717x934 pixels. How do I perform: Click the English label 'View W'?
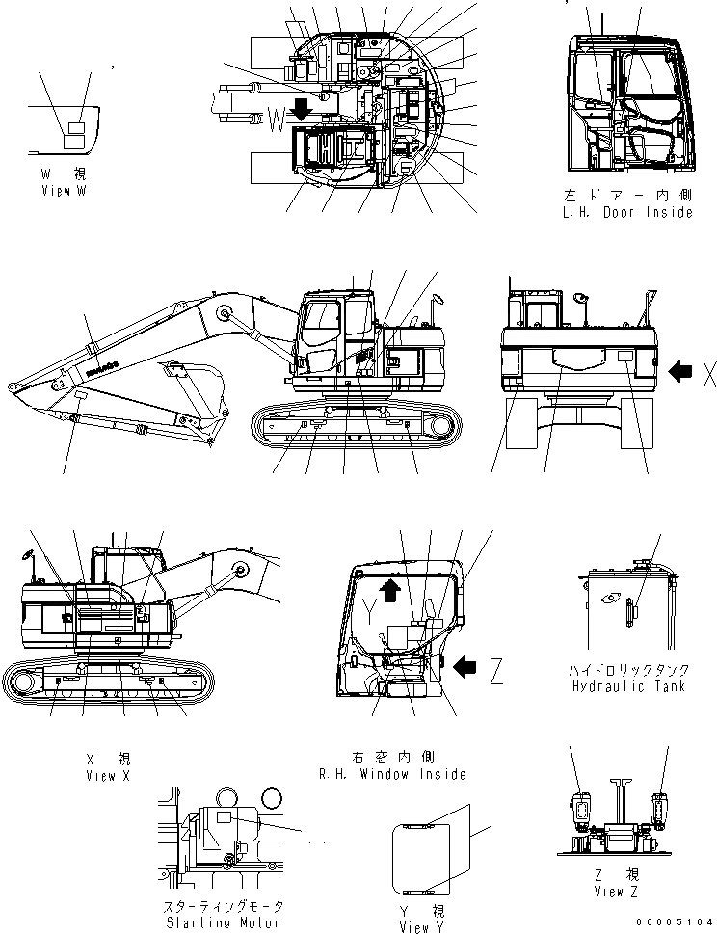pyautogui.click(x=64, y=193)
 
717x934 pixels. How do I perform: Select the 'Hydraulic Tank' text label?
pyautogui.click(x=627, y=686)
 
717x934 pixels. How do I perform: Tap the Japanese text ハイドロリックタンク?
pyautogui.click(x=627, y=669)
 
